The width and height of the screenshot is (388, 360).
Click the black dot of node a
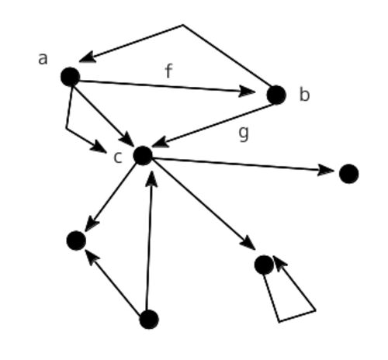(x=70, y=77)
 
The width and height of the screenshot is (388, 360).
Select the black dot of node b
(x=276, y=95)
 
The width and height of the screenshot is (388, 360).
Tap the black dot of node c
(x=143, y=155)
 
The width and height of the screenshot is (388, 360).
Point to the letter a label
(x=43, y=59)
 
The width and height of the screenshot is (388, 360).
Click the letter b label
(x=304, y=94)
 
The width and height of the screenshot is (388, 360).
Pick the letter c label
(x=118, y=157)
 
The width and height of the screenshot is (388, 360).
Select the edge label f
(x=168, y=71)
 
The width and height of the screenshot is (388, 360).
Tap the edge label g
(x=244, y=134)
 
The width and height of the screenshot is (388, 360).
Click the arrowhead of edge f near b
(x=247, y=91)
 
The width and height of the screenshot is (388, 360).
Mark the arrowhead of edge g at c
(x=161, y=142)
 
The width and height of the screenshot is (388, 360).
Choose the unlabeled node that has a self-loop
(x=264, y=265)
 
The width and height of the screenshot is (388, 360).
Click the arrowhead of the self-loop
(x=280, y=263)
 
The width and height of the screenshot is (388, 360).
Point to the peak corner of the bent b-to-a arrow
(x=183, y=25)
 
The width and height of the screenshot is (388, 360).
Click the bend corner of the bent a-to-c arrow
(x=67, y=128)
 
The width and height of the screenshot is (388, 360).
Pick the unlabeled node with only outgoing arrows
(x=149, y=320)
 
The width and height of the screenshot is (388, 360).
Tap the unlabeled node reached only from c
(x=348, y=174)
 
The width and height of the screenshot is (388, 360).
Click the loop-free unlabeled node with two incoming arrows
(x=76, y=241)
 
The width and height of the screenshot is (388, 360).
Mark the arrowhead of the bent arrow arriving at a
(x=88, y=57)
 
